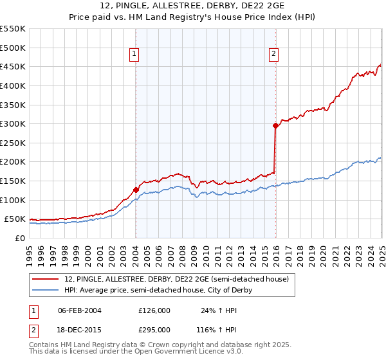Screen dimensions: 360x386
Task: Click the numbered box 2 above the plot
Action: (274, 55)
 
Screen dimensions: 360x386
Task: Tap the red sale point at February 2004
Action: (136, 190)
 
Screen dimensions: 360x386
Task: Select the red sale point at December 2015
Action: (275, 126)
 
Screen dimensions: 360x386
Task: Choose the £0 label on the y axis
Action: (19, 238)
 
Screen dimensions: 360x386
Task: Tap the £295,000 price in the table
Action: (154, 329)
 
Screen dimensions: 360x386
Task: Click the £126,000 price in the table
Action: (154, 310)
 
